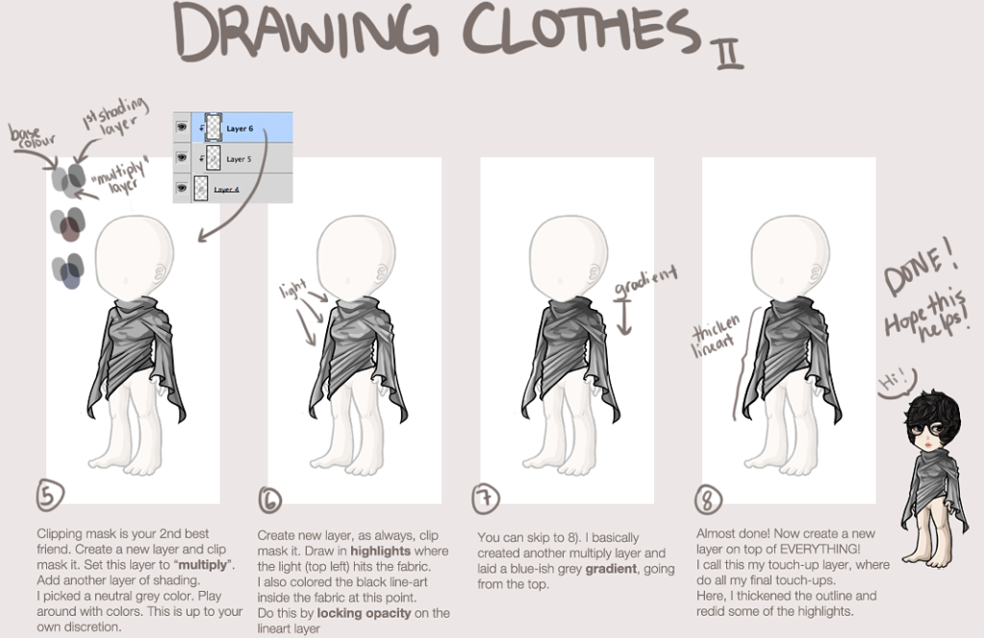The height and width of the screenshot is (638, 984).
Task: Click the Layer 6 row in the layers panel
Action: pos(240,127)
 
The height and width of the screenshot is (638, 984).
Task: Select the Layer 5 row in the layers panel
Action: pos(240,158)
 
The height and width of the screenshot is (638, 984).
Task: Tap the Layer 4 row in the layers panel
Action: pos(240,189)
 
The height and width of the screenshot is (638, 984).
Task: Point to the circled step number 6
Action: pos(269,498)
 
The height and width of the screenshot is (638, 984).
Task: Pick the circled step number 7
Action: pos(488,498)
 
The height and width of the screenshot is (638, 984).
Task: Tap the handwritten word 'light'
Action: pos(292,288)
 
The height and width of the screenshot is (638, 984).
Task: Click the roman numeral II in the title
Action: pos(728,48)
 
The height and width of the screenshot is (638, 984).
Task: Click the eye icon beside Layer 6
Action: pos(180,127)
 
